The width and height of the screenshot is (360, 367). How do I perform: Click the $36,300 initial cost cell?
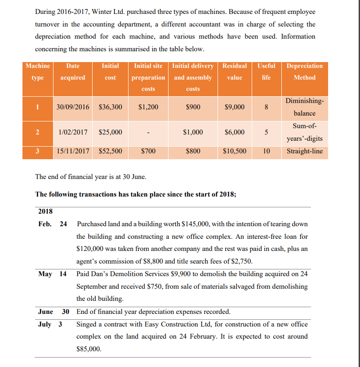point(110,107)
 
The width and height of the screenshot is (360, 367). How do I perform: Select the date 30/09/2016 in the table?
point(72,107)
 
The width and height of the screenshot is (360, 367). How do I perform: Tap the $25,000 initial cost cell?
point(110,132)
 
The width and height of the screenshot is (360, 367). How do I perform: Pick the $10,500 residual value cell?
point(235,151)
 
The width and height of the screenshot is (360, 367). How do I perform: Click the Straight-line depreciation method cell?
point(304,151)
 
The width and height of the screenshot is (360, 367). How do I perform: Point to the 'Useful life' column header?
point(266,72)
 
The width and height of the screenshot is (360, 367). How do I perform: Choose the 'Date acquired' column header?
point(72,72)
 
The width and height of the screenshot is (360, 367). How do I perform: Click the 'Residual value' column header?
point(235,72)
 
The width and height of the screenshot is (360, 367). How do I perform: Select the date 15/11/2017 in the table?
point(72,151)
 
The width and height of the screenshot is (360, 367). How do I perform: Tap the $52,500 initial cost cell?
point(110,151)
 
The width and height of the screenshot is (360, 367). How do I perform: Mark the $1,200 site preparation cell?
point(148,107)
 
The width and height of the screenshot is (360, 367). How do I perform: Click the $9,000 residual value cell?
point(235,107)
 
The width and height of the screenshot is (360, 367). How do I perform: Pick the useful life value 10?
point(266,151)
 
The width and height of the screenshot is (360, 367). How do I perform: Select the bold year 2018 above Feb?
point(45,211)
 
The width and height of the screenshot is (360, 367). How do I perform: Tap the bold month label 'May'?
point(45,274)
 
